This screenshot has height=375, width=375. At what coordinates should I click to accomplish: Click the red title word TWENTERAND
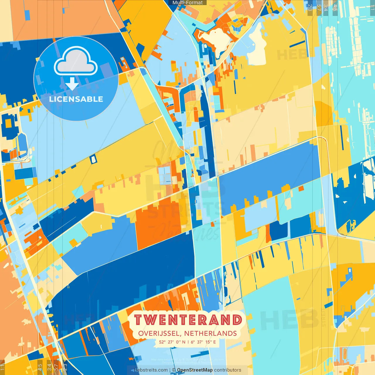click(188, 320)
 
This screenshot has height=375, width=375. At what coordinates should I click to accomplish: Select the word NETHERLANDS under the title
click(210, 333)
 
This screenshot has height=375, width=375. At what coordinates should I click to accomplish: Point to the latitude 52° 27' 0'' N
click(172, 342)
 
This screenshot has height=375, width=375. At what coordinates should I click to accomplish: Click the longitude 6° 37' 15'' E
click(203, 342)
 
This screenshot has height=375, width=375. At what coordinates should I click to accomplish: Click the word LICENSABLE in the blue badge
click(76, 99)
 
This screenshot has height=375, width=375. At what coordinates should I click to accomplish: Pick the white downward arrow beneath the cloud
click(72, 84)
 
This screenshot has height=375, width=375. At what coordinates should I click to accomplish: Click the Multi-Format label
click(187, 3)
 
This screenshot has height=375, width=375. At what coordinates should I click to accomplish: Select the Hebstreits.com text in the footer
click(151, 370)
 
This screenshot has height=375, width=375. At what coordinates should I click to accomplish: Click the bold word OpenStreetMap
click(195, 370)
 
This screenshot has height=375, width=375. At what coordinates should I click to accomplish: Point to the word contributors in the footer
click(228, 370)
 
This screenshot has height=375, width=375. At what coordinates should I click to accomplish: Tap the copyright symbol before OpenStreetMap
click(174, 370)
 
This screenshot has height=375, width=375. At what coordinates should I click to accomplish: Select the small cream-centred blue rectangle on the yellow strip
click(93, 159)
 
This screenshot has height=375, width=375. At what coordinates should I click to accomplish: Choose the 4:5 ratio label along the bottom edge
click(40, 367)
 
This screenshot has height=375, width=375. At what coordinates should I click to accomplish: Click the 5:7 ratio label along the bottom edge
click(56, 367)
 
